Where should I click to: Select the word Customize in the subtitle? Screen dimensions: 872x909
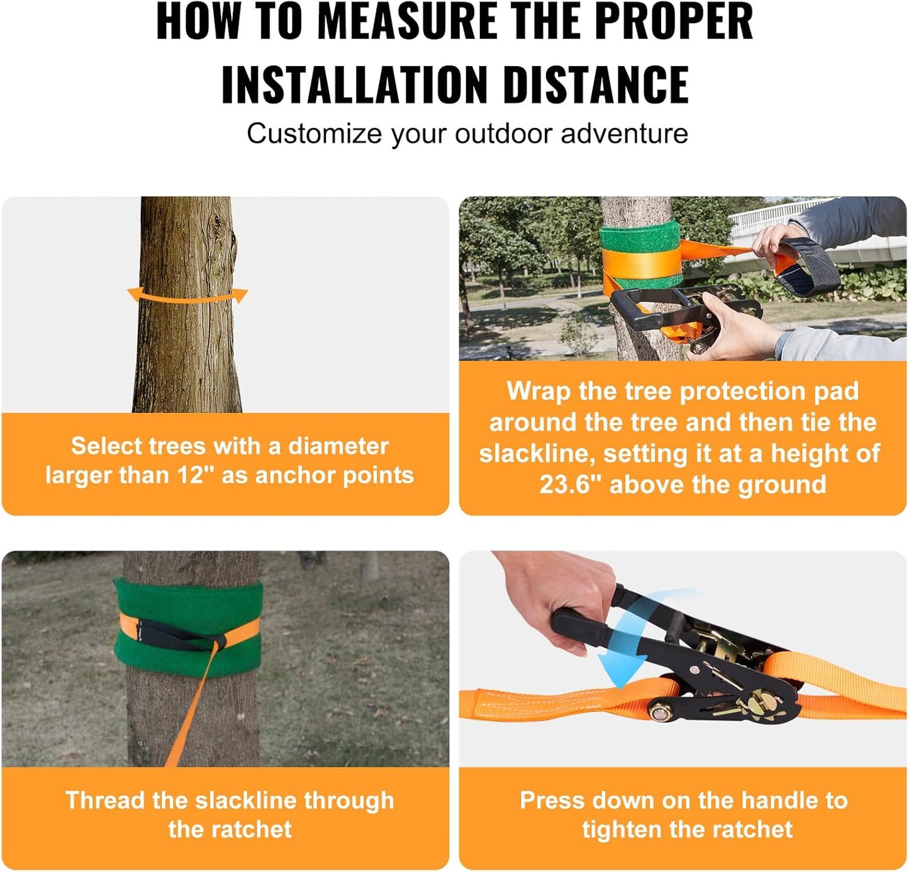(x=314, y=134)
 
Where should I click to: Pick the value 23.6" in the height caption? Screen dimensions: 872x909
(x=570, y=485)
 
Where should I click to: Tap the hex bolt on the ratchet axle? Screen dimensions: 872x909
(x=659, y=712)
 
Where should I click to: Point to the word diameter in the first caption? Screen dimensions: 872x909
(x=338, y=446)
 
